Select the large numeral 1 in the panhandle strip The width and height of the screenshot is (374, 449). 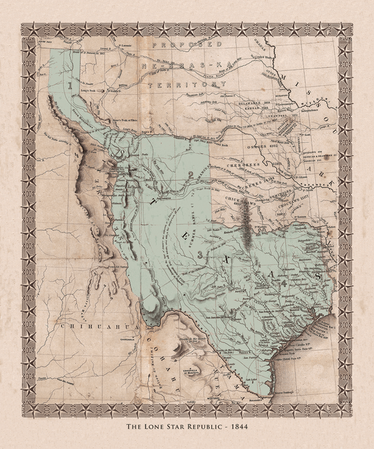click(x=71, y=82)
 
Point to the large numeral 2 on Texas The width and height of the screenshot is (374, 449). click(x=190, y=173)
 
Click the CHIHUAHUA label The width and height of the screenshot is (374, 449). click(x=83, y=324)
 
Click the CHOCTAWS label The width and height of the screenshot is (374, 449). click(x=296, y=196)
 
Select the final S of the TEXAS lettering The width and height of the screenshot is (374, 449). click(x=317, y=275)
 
